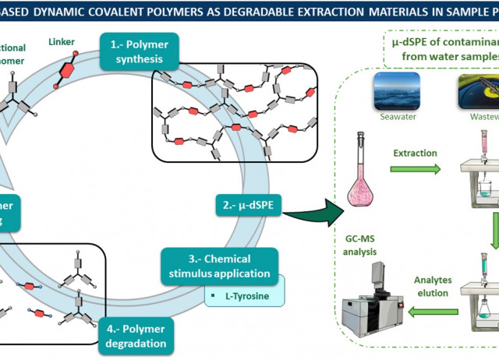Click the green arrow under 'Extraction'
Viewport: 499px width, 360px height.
[x=415, y=168]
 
